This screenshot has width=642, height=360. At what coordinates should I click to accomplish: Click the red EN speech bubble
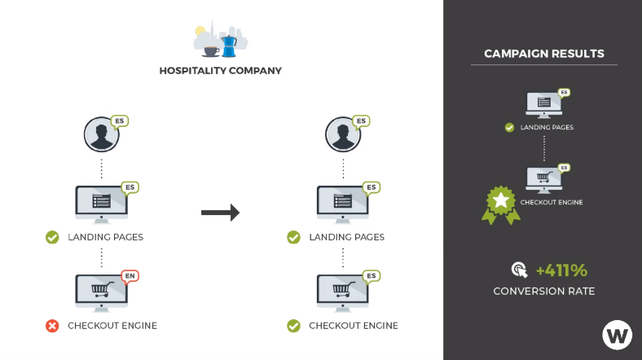click(129, 275)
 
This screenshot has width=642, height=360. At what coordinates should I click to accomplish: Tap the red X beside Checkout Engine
click(52, 326)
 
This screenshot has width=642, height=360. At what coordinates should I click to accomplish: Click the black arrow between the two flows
click(220, 213)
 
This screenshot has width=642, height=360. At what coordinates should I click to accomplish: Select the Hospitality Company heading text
click(220, 71)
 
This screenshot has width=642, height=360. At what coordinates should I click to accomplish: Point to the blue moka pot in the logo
click(229, 44)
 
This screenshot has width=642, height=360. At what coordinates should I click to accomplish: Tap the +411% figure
click(561, 270)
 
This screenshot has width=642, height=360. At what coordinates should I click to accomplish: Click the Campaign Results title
click(544, 54)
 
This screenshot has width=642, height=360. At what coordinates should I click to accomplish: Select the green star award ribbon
click(500, 204)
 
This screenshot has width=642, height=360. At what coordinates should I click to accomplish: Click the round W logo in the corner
click(617, 335)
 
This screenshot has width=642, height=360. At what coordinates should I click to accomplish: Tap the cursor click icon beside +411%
click(518, 270)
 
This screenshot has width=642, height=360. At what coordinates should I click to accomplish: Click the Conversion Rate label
click(543, 291)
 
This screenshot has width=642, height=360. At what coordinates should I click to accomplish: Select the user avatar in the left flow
click(101, 134)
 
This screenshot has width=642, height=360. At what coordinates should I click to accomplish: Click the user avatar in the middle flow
click(342, 134)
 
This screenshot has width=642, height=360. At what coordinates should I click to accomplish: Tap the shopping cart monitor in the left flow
click(100, 291)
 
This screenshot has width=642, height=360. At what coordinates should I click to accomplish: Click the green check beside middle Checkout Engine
click(293, 326)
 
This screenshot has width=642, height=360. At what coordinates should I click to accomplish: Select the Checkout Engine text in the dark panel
click(552, 202)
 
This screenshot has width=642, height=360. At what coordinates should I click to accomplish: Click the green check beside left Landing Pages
click(52, 237)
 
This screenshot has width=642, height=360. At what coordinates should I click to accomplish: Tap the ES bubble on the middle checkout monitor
click(371, 275)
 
